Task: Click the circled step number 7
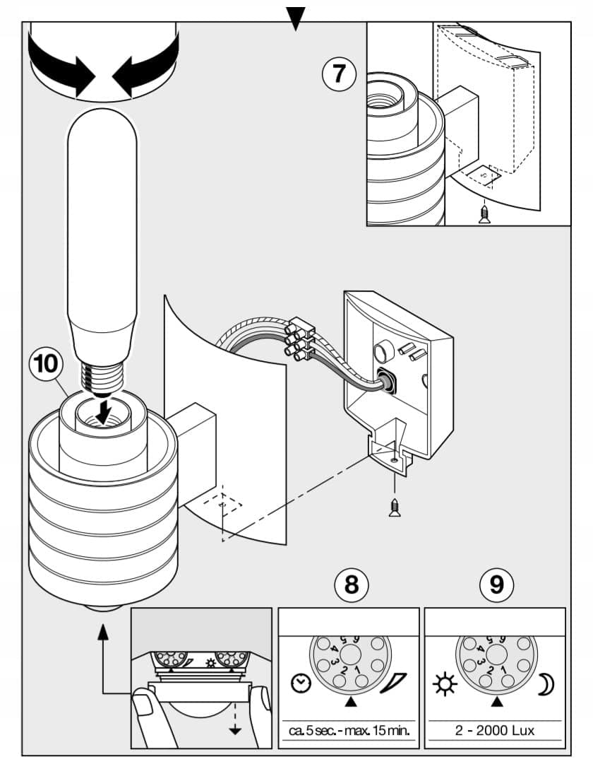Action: [x=339, y=74]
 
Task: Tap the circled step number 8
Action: [x=351, y=584]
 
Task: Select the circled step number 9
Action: [x=497, y=584]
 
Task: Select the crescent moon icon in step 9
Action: [x=546, y=684]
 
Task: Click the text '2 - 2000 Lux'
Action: [x=495, y=731]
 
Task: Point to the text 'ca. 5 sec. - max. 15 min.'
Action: [x=349, y=731]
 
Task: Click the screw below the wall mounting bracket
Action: [x=395, y=507]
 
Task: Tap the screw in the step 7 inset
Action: [x=485, y=214]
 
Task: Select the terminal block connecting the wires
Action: [x=299, y=339]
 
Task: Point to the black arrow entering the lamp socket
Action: [x=102, y=411]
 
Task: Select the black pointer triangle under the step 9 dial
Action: [x=497, y=702]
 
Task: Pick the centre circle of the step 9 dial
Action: [x=496, y=654]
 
